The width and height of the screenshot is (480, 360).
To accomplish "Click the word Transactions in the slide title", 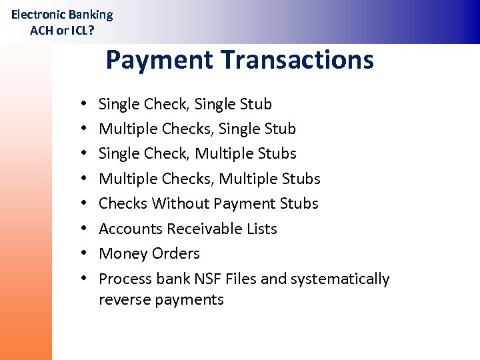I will pyautogui.click(x=298, y=60).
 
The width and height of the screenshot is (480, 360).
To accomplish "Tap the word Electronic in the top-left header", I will pyautogui.click(x=39, y=15).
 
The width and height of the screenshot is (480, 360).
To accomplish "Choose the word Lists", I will pyautogui.click(x=262, y=229).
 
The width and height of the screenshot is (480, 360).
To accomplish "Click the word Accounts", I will pyautogui.click(x=131, y=229).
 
